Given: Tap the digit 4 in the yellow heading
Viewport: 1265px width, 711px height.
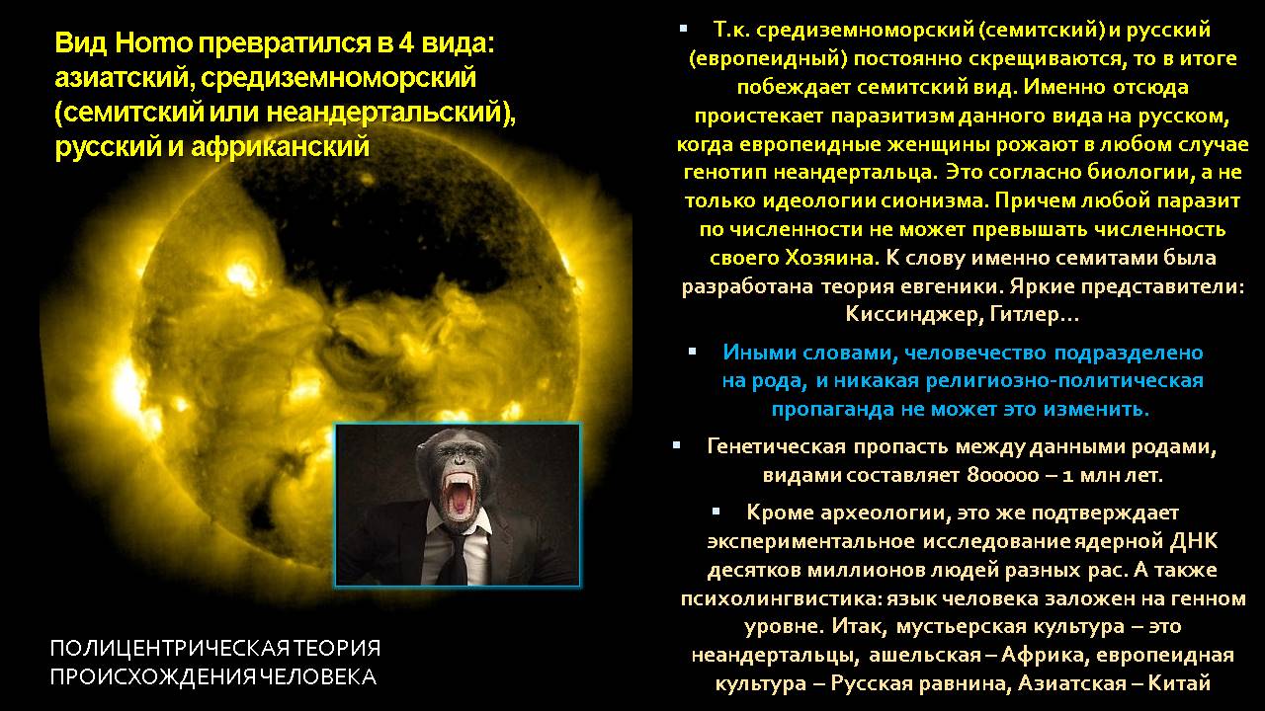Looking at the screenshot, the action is (x=406, y=43).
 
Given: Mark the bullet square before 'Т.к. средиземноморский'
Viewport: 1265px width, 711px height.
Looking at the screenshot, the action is (x=683, y=27).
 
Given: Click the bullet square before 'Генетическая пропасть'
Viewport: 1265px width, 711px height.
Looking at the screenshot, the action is (x=677, y=445).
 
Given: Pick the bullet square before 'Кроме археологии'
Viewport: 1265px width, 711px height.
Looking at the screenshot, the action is (x=717, y=512).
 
